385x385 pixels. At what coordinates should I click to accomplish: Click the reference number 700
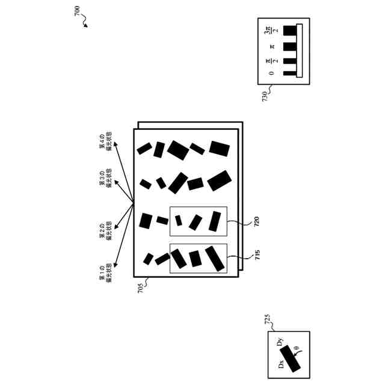79,13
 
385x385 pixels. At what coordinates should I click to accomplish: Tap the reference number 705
140,287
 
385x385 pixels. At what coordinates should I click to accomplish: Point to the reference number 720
257,221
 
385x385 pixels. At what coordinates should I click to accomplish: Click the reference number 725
268,319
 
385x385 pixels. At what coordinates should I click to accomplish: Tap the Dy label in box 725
280,343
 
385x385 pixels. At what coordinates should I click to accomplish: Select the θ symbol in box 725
296,347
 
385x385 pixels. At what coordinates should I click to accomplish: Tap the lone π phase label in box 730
272,45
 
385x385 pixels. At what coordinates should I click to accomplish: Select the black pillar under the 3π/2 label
290,29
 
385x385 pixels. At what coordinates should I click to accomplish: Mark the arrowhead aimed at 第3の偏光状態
116,176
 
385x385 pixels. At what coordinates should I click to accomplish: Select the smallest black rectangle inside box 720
179,221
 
